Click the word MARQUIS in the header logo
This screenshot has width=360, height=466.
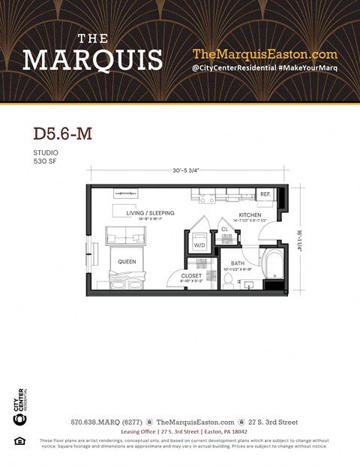click(x=92, y=59)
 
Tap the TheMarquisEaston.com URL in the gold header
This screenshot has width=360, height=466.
click(x=265, y=54)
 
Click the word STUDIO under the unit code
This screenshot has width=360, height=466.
click(x=44, y=152)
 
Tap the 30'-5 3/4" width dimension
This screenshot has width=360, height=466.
click(x=188, y=170)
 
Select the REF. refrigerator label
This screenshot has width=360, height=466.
click(x=265, y=194)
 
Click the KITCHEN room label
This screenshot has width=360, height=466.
click(x=250, y=215)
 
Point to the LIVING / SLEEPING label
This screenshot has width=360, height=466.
click(x=150, y=213)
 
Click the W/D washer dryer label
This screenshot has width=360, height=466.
click(x=199, y=245)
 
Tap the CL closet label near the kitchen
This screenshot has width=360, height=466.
click(x=224, y=229)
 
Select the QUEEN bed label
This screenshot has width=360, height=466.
click(x=126, y=262)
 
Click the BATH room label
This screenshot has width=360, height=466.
click(x=237, y=263)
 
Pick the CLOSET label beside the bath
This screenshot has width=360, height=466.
click(x=191, y=275)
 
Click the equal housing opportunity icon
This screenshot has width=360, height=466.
click(x=19, y=440)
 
